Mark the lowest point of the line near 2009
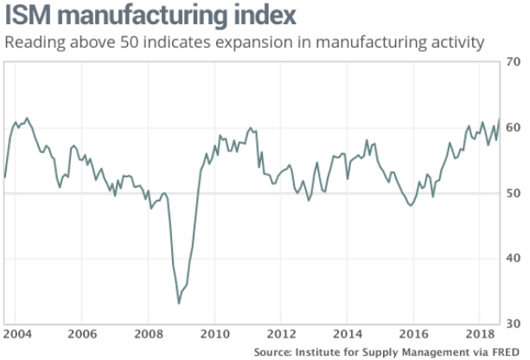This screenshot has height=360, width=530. coord(179,303)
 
